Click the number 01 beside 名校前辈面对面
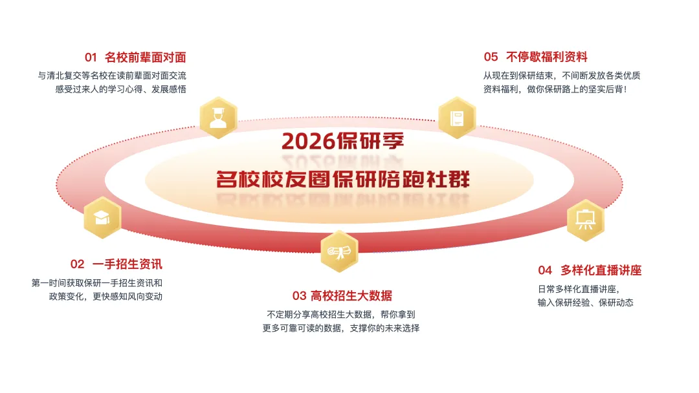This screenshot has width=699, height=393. pyautogui.click(x=91, y=58)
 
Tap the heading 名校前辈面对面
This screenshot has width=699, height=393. pyautogui.click(x=146, y=58)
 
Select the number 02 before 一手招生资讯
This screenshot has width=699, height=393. pyautogui.click(x=77, y=264)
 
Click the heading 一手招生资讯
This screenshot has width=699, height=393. pyautogui.click(x=127, y=264)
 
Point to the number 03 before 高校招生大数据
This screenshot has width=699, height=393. pyautogui.click(x=299, y=296)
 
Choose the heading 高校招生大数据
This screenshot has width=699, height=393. pyautogui.click(x=351, y=296)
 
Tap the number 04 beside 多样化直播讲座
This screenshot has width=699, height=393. pyautogui.click(x=545, y=271)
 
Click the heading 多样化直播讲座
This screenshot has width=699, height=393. pyautogui.click(x=601, y=270)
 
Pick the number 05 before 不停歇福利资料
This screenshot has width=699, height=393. pyautogui.click(x=491, y=57)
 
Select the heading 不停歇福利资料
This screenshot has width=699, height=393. pyautogui.click(x=547, y=57)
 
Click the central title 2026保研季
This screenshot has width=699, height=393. pyautogui.click(x=343, y=141)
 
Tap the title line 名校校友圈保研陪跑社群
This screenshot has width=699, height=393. pyautogui.click(x=343, y=179)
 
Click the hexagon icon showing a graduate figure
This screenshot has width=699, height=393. pyautogui.click(x=218, y=118)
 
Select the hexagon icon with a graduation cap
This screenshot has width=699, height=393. pyautogui.click(x=102, y=218)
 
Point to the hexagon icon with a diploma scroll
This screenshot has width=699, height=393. pyautogui.click(x=339, y=251)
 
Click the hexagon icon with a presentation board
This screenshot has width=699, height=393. pyautogui.click(x=585, y=220)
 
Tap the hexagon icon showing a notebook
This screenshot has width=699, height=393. pyautogui.click(x=457, y=118)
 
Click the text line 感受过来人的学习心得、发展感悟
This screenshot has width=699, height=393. pyautogui.click(x=121, y=89)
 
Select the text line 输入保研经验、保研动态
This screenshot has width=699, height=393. pyautogui.click(x=585, y=303)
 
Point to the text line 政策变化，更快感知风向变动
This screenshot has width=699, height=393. pyautogui.click(x=105, y=297)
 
